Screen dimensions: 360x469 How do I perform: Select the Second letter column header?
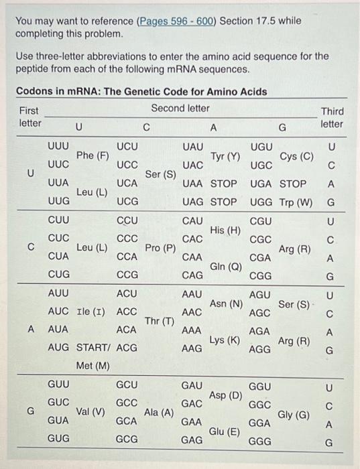pos(180,108)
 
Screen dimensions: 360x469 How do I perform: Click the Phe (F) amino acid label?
pos(93,156)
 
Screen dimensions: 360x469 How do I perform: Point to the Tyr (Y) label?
pos(225,156)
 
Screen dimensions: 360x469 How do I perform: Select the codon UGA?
pos(261,184)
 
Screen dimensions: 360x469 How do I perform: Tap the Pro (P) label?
pos(160,249)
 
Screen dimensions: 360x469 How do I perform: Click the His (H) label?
pos(225,230)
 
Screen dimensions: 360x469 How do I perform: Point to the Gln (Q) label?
pos(225,267)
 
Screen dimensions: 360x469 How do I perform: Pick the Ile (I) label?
pos(93,312)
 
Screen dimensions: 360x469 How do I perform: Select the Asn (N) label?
pos(227,304)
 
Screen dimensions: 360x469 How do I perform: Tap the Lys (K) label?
pos(225,340)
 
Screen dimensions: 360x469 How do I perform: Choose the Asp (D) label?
pos(225,395)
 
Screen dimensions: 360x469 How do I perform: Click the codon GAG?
pos(192,440)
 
